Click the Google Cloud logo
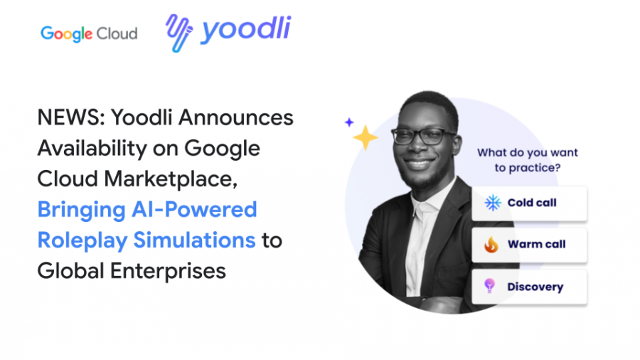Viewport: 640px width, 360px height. pos(89,33)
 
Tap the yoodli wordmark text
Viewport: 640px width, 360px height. pos(245,31)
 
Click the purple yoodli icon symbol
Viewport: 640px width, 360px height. pos(179,33)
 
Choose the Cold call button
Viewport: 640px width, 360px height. pos(529,203)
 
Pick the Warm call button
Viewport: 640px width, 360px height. pos(529,245)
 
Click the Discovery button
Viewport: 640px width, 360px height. pos(529,287)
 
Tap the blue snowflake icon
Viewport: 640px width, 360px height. pos(492,203)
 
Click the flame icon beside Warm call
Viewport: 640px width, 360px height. pos(491,245)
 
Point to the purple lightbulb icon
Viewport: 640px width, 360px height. pos(489,286)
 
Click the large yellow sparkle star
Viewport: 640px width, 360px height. pos(366,137)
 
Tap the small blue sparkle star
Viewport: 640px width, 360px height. pos(349,122)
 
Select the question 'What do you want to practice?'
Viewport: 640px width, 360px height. pos(527,160)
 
